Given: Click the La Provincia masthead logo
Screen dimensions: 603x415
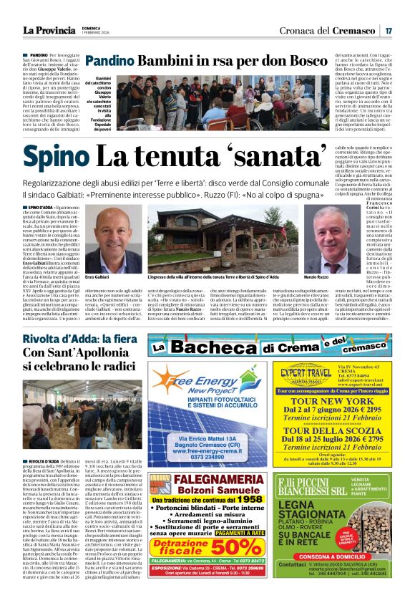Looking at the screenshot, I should coord(48,30).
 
